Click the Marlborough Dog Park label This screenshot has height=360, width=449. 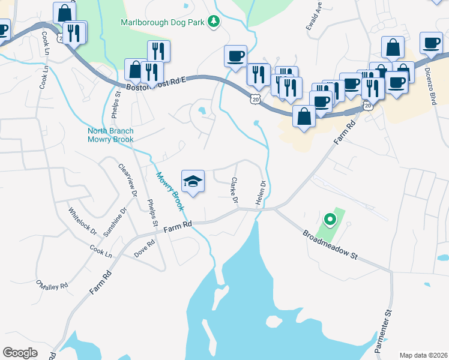163,22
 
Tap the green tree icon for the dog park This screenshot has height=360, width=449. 213,22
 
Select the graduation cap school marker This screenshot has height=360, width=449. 193,181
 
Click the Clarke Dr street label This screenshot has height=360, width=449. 235,190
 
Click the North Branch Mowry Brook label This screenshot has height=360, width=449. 110,136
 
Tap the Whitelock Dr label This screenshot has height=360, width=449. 82,220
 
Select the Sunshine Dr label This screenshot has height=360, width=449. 116,222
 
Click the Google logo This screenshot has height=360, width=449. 20,352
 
